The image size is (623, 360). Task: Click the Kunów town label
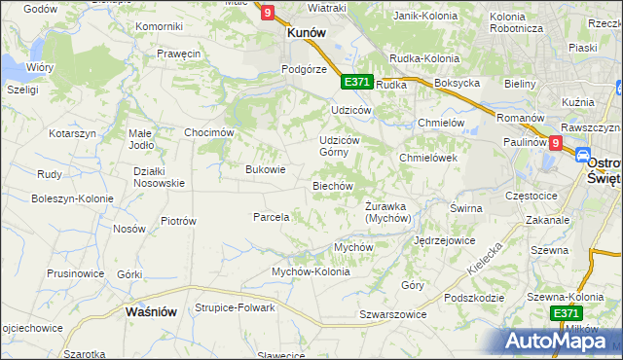[305, 32]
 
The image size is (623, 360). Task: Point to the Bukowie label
[265, 169]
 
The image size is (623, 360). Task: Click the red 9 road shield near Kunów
[268, 13]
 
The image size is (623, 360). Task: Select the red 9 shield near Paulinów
[555, 143]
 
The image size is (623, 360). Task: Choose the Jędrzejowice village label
[444, 239]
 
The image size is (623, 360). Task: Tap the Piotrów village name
[178, 221]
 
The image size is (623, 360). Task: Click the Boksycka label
[458, 84]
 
